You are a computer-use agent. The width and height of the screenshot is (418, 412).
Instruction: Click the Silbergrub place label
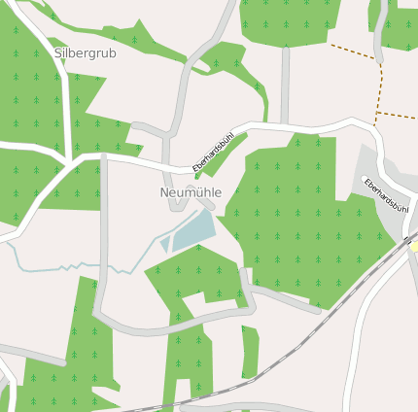point(85,53)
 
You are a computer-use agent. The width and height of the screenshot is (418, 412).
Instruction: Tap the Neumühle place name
point(191,192)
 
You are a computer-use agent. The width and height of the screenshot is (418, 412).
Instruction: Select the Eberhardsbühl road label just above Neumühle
point(213,154)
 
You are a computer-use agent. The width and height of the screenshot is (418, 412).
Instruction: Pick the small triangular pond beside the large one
point(165,243)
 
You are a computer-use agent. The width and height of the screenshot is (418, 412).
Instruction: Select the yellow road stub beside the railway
point(413,247)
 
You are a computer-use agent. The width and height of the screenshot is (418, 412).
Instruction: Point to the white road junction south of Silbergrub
point(68,155)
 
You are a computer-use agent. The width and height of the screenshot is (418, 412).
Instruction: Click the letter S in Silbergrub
point(57,53)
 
